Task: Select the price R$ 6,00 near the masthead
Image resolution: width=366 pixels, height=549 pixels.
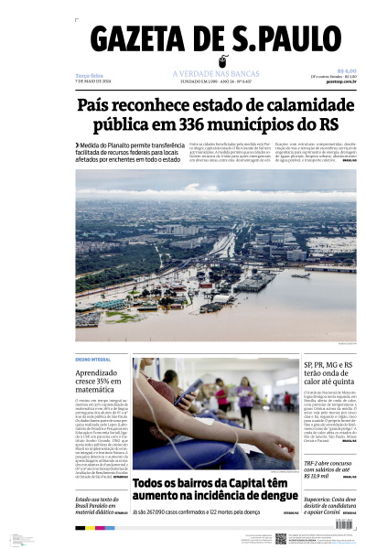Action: (x=346, y=70)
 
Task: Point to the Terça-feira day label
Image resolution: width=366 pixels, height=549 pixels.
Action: (x=89, y=76)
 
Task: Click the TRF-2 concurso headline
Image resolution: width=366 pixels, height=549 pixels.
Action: (x=327, y=466)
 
